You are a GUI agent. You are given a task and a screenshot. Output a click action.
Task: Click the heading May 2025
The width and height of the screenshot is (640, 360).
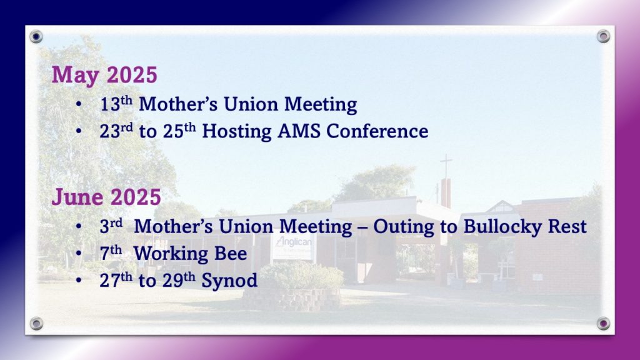[x=104, y=75]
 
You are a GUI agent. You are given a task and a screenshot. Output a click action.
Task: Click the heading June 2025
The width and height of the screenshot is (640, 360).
[x=106, y=197]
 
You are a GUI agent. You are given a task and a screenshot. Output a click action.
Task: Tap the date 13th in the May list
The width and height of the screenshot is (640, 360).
[x=116, y=104]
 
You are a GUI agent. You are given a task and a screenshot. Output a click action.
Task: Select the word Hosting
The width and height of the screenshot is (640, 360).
[x=237, y=131]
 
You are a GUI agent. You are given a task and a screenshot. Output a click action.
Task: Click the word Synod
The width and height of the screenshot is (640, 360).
[x=229, y=281]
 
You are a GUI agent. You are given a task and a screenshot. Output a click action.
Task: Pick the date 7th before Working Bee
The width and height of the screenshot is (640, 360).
[x=111, y=252]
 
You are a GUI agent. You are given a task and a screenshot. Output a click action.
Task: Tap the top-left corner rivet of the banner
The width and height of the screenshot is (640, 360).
[x=36, y=37]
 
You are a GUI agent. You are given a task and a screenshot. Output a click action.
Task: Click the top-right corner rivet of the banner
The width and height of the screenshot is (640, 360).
[x=603, y=36]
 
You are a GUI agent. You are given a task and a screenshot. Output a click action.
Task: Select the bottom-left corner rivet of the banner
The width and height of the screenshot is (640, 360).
[x=36, y=324]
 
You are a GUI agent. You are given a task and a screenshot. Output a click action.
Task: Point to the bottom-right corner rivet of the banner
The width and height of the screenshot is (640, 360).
[x=603, y=324]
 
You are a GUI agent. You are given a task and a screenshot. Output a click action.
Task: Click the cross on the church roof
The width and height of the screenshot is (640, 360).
[x=446, y=165]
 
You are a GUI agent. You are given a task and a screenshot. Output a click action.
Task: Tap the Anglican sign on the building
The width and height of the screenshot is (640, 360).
[x=293, y=247]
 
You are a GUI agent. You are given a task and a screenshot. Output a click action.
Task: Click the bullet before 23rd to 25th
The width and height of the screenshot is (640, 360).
[x=78, y=131]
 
